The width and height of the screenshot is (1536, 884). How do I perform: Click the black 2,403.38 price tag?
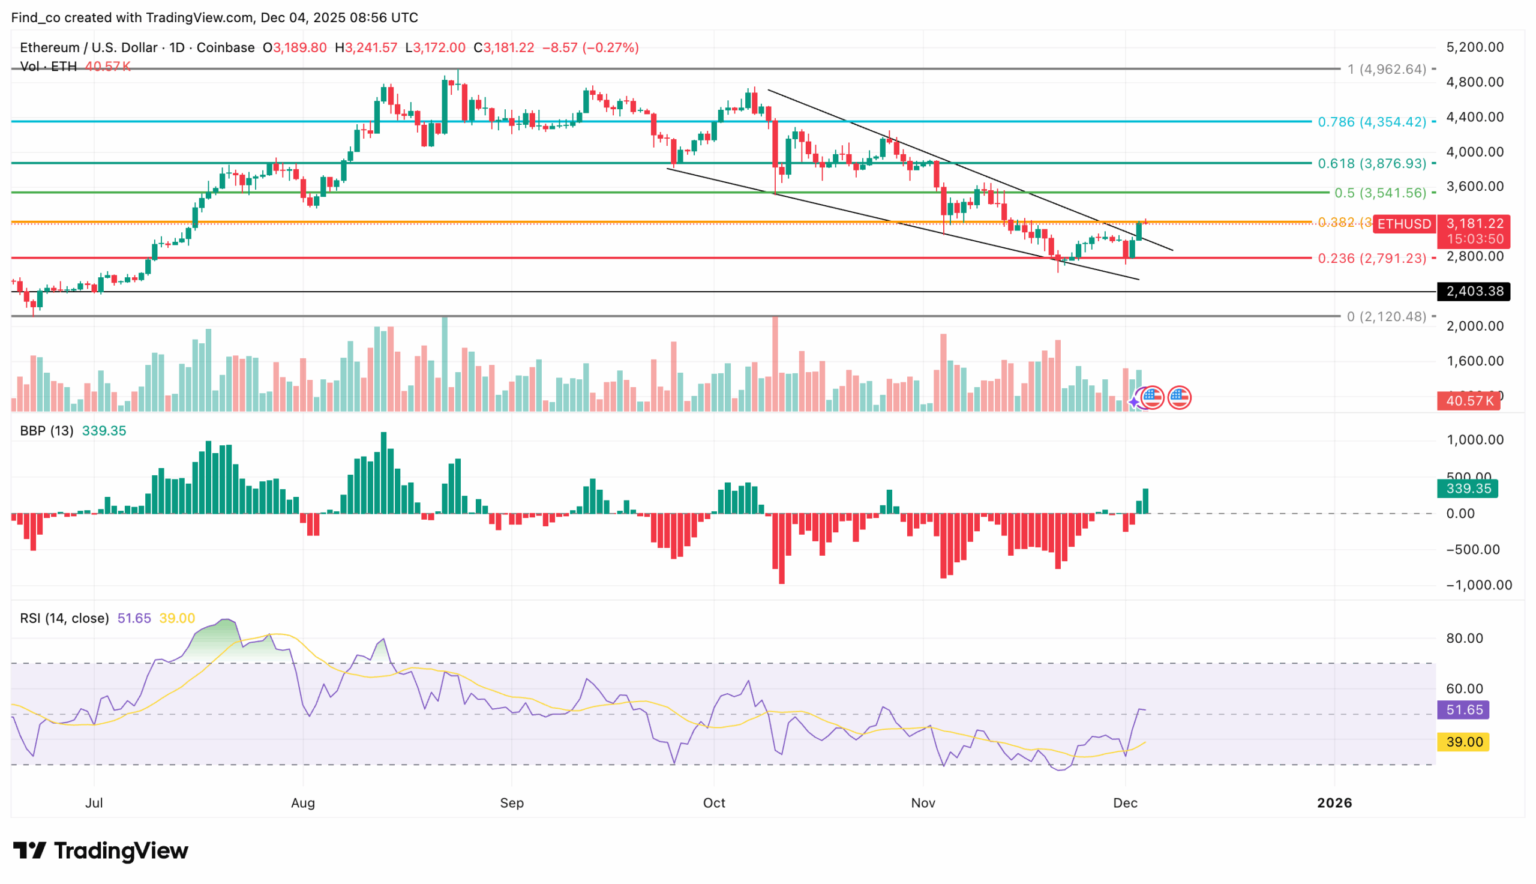click(x=1474, y=292)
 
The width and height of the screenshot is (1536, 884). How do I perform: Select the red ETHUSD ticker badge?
click(x=1404, y=224)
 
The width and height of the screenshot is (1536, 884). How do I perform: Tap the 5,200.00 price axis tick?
click(x=1474, y=47)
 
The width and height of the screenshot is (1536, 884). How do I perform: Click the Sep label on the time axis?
click(x=511, y=802)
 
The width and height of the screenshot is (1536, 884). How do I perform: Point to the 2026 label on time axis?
click(x=1334, y=802)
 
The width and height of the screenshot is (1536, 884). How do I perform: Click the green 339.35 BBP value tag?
click(x=1467, y=489)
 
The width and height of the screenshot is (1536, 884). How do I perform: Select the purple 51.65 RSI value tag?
click(x=1463, y=710)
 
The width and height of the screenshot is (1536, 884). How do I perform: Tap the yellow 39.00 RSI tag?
click(x=1463, y=742)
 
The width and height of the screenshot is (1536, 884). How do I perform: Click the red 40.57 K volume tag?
click(x=1468, y=401)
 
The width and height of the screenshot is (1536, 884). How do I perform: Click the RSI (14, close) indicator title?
click(x=64, y=618)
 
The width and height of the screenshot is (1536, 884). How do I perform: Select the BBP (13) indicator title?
click(x=46, y=430)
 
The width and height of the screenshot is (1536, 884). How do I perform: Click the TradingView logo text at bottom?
click(x=101, y=850)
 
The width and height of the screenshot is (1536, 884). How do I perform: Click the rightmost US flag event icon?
click(x=1179, y=398)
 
